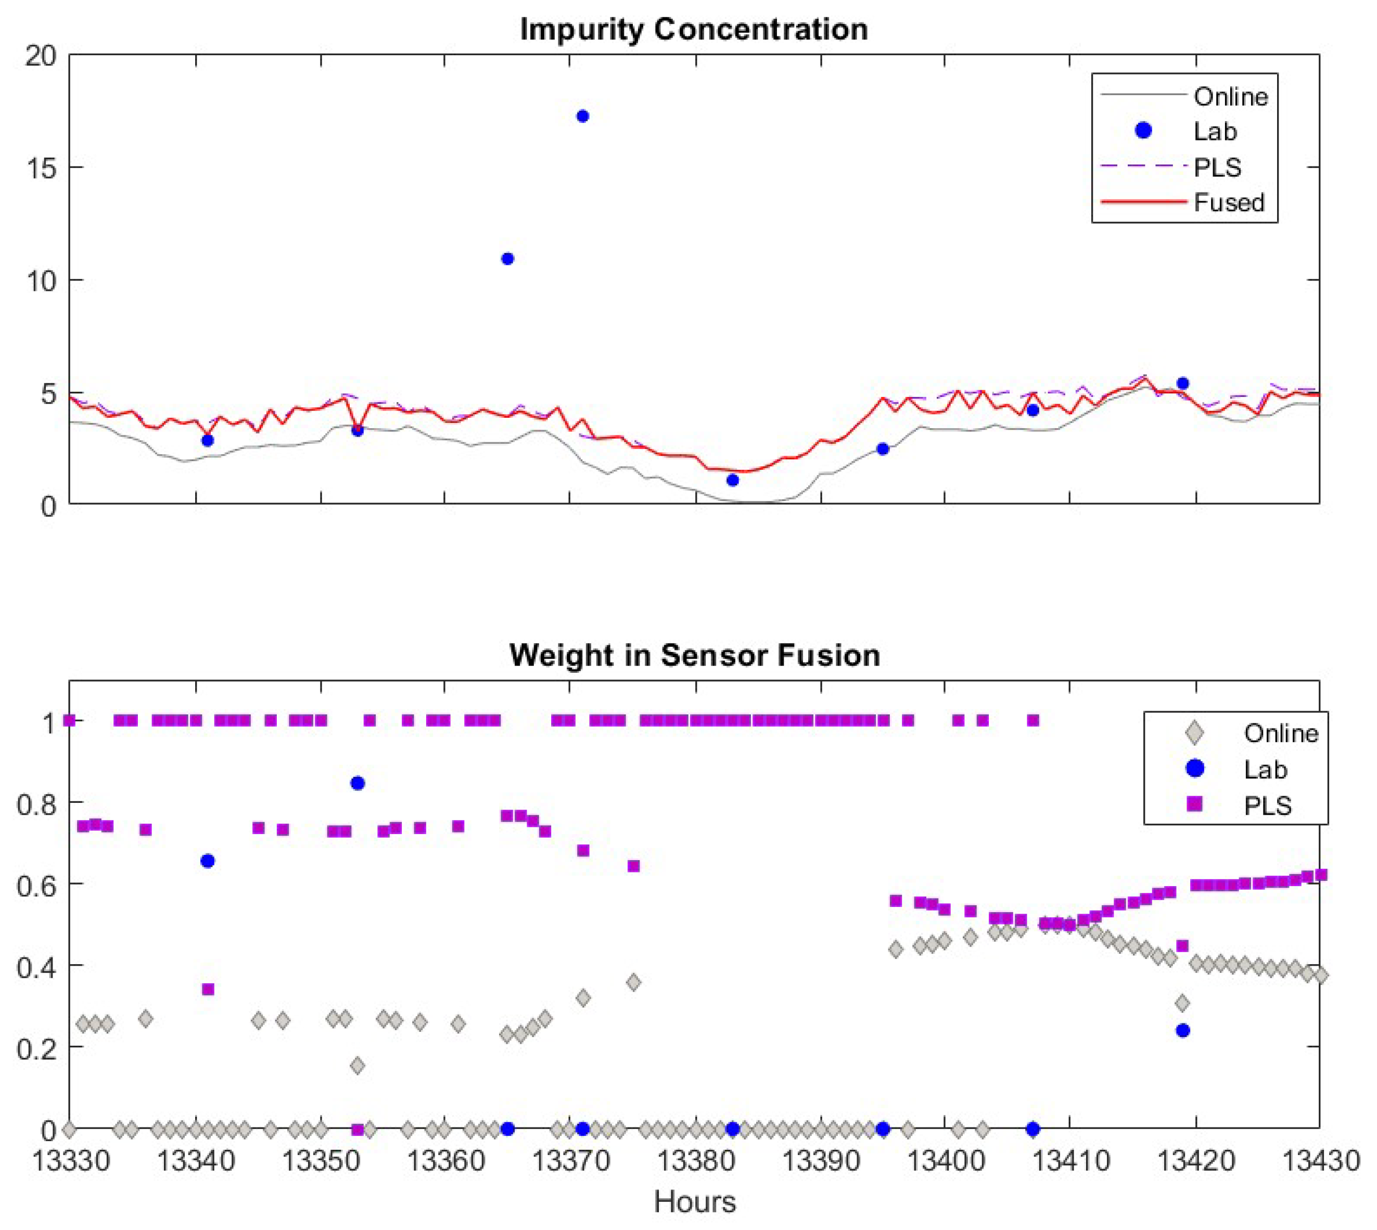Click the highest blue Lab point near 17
pos(582,116)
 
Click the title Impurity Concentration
pos(694,30)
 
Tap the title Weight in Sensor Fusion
pos(694,655)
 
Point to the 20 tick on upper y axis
pos(41,56)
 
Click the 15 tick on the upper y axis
pos(41,168)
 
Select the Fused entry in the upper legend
pos(1228,202)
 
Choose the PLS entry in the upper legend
pos(1217,167)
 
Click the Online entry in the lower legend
pos(1280,733)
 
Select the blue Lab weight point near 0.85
pos(358,783)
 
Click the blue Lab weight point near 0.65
pos(208,861)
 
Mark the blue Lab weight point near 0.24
pos(1182,1031)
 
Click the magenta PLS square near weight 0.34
pos(208,990)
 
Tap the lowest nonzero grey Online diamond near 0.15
pos(358,1066)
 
